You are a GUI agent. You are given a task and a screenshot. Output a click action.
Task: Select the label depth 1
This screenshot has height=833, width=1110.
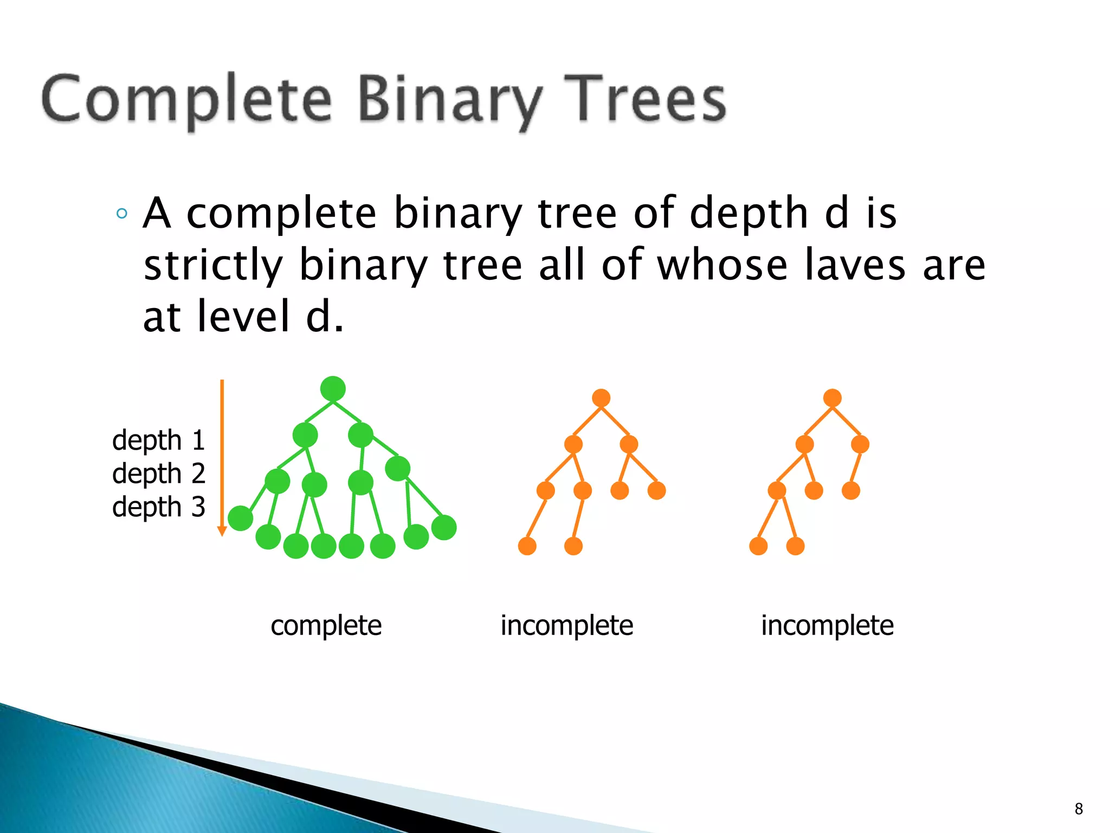(x=158, y=440)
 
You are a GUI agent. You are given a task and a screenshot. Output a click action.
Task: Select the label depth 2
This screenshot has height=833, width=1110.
(x=158, y=473)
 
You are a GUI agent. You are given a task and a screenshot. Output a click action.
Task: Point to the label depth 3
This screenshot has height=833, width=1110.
(x=158, y=507)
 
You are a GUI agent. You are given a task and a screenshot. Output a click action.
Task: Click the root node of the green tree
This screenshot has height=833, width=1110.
(x=333, y=388)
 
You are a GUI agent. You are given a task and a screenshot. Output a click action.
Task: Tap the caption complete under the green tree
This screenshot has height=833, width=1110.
(x=326, y=625)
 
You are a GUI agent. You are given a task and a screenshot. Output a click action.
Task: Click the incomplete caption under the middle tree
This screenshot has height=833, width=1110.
(x=566, y=625)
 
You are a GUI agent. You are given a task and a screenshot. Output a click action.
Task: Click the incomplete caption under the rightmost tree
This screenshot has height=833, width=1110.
(x=827, y=625)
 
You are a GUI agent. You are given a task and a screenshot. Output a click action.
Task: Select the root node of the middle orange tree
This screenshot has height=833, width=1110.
(x=601, y=398)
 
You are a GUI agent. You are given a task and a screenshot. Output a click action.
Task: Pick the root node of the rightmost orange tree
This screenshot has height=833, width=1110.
(x=832, y=398)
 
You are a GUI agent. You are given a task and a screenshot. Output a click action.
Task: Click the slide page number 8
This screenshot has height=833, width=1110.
(x=1079, y=809)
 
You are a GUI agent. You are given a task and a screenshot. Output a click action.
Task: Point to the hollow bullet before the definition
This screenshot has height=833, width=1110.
(x=122, y=213)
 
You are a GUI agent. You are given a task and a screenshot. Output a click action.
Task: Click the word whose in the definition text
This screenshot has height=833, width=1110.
(x=722, y=265)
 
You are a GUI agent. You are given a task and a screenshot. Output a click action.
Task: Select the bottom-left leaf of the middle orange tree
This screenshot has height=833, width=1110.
(x=527, y=546)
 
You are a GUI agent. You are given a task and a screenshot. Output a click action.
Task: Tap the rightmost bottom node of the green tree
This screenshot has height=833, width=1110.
(x=444, y=527)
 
